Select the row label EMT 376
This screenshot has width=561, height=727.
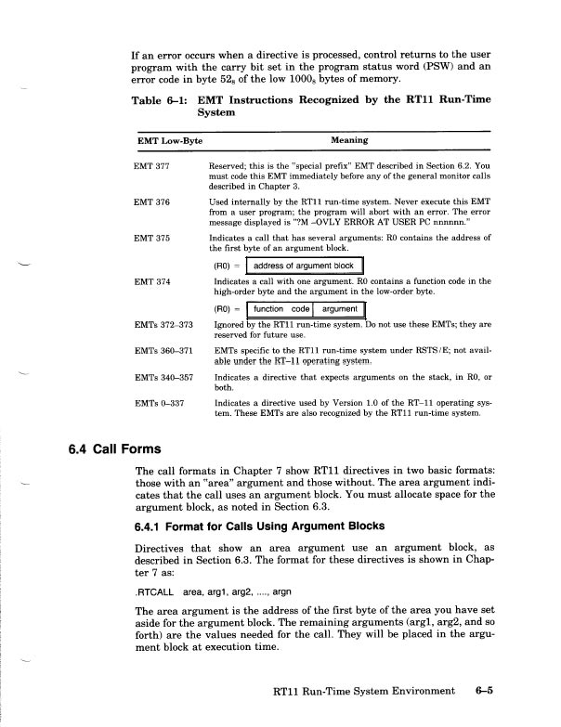click(x=151, y=201)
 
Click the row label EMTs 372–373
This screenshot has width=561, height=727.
click(x=163, y=323)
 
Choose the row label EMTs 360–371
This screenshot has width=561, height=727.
click(x=163, y=351)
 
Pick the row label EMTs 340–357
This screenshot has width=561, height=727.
click(x=163, y=378)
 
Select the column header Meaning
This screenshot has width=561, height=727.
click(x=348, y=140)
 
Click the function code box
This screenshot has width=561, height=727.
click(x=281, y=308)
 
